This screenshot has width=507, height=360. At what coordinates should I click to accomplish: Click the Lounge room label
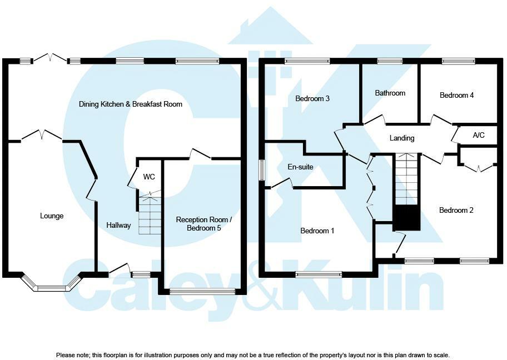51,216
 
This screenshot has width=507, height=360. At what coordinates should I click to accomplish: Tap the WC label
149,177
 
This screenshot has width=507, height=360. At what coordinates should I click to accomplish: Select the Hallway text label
118,226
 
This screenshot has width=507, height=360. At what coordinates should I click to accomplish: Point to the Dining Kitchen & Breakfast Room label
131,104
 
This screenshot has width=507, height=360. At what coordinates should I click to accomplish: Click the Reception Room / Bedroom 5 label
203,224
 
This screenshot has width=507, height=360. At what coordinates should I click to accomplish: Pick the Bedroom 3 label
312,99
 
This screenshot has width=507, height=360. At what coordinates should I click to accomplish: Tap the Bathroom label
390,93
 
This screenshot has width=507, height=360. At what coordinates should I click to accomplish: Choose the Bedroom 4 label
456,96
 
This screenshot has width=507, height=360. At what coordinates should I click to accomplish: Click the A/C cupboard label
479,136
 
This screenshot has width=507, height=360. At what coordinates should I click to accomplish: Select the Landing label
401,138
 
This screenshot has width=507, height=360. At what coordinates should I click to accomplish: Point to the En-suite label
301,166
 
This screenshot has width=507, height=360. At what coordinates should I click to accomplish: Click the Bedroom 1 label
317,231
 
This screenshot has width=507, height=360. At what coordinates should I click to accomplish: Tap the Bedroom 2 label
456,211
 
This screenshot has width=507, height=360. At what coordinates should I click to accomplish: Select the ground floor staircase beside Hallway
150,214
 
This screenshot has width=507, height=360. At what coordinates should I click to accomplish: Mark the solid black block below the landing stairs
406,218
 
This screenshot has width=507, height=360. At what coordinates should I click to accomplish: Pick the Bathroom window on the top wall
390,61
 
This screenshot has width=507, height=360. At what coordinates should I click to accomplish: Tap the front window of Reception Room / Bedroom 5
202,291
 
